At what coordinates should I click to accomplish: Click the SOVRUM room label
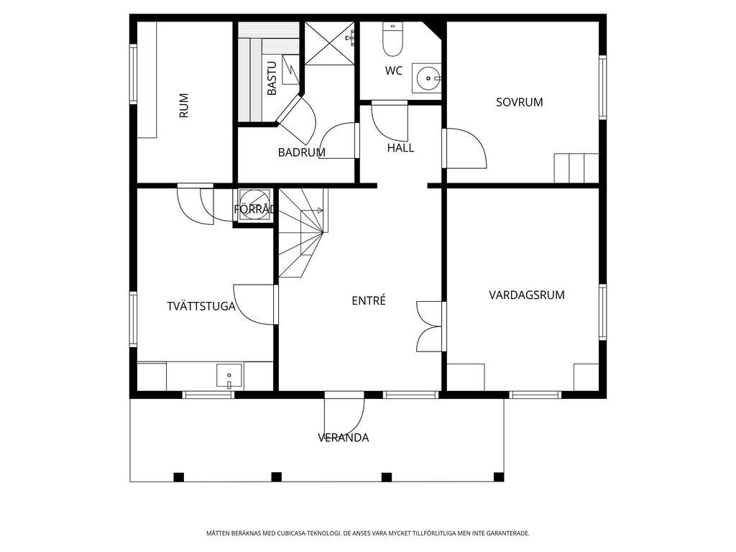[x=519, y=102]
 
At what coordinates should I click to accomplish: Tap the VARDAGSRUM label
[x=527, y=295]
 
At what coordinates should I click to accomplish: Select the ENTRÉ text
[x=369, y=300]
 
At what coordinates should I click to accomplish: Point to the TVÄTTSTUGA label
[x=201, y=306]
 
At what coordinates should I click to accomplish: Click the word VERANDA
[x=343, y=438]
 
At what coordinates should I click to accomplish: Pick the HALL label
[x=400, y=148]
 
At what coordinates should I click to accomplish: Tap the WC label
[x=393, y=71]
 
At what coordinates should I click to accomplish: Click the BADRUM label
[x=301, y=152]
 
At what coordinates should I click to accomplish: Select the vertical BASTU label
[x=272, y=78]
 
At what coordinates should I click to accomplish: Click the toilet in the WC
[x=393, y=39]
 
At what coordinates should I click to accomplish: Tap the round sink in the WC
[x=427, y=78]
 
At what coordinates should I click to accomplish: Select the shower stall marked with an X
[x=329, y=42]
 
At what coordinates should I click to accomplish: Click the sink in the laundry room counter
[x=229, y=376]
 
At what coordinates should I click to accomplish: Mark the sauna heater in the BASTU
[x=290, y=70]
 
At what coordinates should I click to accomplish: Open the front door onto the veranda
[x=344, y=420]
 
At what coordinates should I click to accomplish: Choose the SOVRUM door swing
[x=465, y=148]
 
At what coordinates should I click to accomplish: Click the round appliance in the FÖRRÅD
[x=254, y=205]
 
